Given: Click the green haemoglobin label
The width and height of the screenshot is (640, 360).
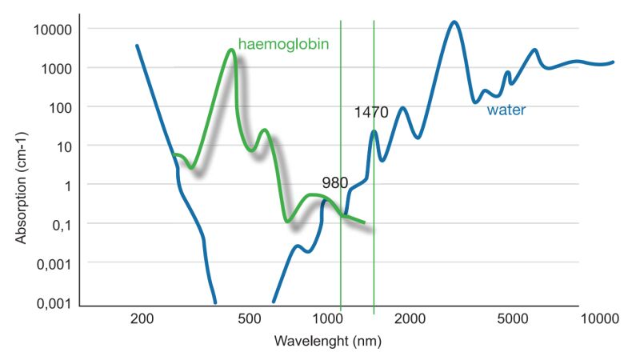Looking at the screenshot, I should point(284,42).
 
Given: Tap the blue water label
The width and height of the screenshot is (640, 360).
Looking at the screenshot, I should point(506,110).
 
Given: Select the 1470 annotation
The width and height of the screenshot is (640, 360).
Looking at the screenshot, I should point(371,113).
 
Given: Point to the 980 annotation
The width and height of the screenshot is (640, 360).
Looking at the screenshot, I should point(334,182).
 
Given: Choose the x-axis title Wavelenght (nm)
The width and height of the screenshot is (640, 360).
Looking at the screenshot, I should point(327,341).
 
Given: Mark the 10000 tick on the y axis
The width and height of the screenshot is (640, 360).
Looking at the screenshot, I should point(54,30).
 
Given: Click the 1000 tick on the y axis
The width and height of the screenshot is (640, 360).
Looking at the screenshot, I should point(57,68).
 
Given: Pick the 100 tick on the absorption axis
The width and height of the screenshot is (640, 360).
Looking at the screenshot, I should point(61,107).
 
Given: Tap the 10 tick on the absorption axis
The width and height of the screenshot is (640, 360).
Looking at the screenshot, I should point(65,146).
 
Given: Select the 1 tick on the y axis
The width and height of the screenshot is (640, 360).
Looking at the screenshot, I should point(69,185).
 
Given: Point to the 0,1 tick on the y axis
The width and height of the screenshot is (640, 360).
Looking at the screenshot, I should point(63,224).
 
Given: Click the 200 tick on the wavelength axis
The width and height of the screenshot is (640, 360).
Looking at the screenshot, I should point(142,319).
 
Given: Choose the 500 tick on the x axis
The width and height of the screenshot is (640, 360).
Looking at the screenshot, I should point(250,319).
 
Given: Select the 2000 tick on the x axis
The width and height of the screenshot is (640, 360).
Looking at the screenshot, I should point(409,319).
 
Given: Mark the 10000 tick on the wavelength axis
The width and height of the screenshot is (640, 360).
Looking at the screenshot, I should point(600,319).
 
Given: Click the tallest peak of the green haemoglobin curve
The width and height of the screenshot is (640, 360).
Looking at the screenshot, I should point(231,50).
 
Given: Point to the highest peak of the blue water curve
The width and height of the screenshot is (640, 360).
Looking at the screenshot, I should point(454,22).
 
